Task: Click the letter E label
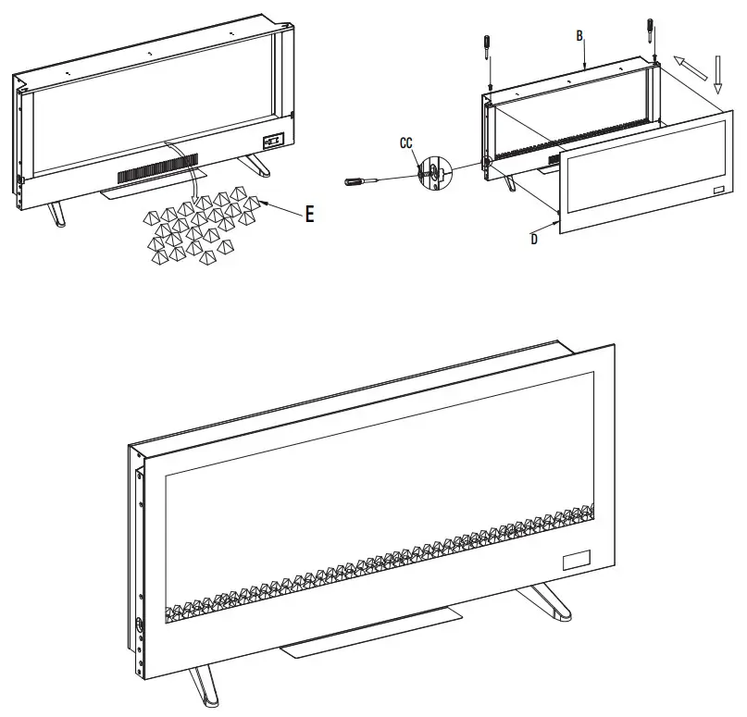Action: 309,215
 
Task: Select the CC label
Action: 405,143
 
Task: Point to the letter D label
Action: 534,239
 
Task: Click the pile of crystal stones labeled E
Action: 199,227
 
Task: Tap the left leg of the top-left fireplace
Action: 56,210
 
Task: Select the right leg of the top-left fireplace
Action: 256,164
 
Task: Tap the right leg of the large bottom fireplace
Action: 546,601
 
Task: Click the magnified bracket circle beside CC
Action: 432,171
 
